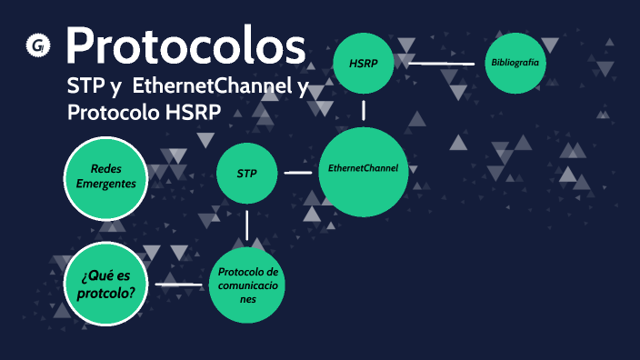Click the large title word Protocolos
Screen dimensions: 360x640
click(185, 45)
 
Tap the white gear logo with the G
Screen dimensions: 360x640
click(38, 45)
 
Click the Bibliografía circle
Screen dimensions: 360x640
click(515, 63)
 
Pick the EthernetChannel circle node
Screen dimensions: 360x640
click(363, 168)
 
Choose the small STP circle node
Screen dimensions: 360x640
click(246, 173)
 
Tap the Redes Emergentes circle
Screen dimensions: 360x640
click(105, 176)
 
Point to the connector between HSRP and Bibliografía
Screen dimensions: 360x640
click(441, 64)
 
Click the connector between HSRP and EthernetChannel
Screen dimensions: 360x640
click(364, 111)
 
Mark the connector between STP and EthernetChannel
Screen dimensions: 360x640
click(297, 172)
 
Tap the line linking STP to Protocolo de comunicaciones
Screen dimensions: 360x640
click(246, 225)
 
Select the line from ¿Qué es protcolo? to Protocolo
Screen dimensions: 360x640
click(178, 285)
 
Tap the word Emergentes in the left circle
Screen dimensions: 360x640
click(105, 184)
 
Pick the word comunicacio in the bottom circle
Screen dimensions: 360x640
click(249, 285)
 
